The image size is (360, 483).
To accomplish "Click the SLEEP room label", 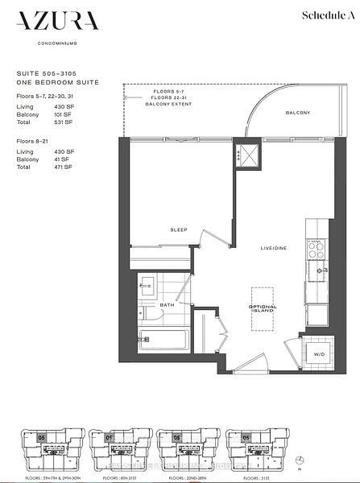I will tap(178, 230).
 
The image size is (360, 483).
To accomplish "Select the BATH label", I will tap(168, 306).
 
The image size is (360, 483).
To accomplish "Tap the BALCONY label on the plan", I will tap(297, 114).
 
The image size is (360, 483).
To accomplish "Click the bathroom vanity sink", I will tap(147, 284).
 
